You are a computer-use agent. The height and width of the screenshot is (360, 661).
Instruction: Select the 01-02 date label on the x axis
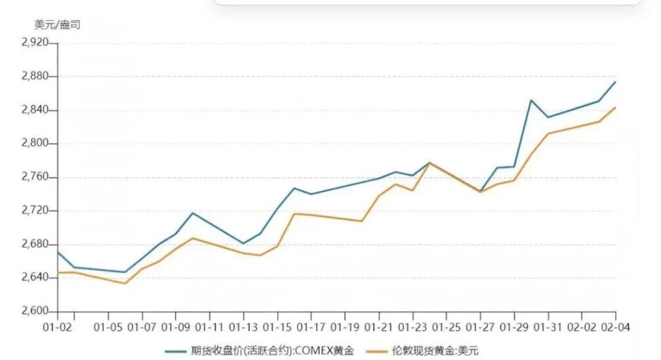pyautogui.click(x=57, y=326)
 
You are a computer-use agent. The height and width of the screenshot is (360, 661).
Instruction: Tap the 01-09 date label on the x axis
pyautogui.click(x=175, y=326)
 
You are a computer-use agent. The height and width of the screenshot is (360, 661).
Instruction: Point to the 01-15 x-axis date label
pyautogui.click(x=277, y=326)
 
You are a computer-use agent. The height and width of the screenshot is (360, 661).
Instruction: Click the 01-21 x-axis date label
pyautogui.click(x=379, y=326)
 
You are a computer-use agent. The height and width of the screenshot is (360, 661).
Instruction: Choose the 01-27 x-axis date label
pyautogui.click(x=481, y=326)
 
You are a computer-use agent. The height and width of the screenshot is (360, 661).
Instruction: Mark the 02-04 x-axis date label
pyautogui.click(x=615, y=326)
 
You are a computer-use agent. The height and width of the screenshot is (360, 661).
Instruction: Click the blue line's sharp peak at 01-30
pyautogui.click(x=531, y=100)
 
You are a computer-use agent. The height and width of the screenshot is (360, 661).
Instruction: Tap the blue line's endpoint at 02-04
pyautogui.click(x=615, y=82)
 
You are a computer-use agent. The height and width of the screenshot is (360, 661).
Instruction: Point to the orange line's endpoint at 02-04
pyautogui.click(x=615, y=108)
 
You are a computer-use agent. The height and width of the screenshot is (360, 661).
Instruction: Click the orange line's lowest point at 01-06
pyautogui.click(x=125, y=283)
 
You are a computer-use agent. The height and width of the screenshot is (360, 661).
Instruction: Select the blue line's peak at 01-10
pyautogui.click(x=192, y=213)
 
